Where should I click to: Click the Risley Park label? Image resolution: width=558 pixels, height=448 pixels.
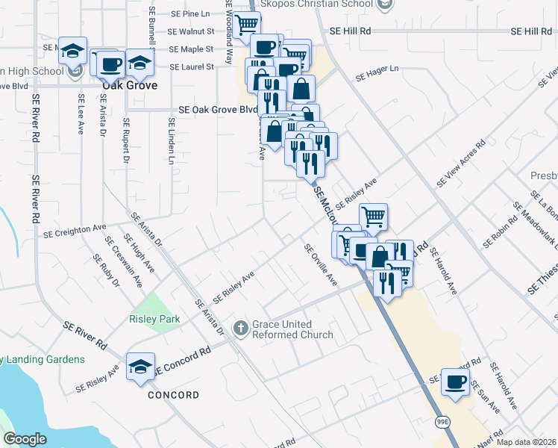coord(154,319)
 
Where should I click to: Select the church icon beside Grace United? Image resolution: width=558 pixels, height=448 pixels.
coord(241,327)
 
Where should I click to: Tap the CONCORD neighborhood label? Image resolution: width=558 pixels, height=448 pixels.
coord(173,394)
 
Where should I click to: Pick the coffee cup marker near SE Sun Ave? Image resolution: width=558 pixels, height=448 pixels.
coord(455,382)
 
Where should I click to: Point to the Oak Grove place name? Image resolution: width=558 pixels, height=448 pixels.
coord(130,85)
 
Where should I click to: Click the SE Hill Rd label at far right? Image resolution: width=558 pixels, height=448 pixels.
coord(530,31)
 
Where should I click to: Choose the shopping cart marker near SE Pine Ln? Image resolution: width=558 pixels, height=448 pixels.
coord(246,25)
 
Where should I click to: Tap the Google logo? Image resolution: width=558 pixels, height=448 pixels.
coord(25,439)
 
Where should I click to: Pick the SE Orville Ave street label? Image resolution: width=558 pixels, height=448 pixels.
coord(321,265)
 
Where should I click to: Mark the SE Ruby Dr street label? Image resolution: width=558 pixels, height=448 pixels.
coord(106,271)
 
